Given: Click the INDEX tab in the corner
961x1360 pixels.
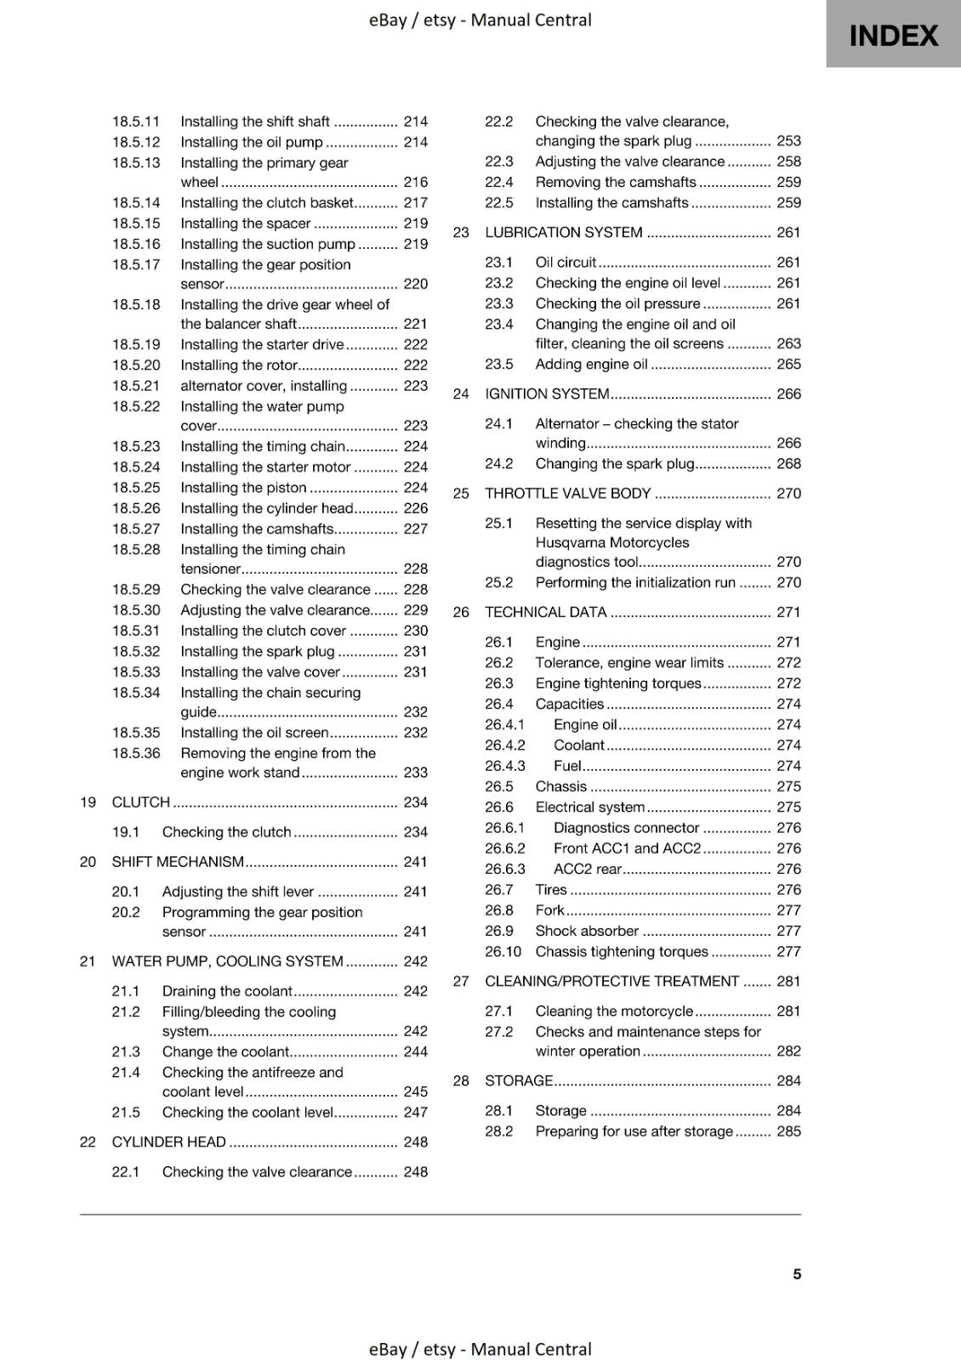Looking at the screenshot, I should pos(893,36).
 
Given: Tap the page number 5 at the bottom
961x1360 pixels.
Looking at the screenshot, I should pos(797,1273).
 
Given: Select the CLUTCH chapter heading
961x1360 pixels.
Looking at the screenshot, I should pos(141,802).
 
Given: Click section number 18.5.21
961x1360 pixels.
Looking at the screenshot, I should pos(136,386).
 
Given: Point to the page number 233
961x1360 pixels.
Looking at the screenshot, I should pos(415,773).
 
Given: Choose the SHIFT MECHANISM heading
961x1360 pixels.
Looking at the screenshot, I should pos(178,862).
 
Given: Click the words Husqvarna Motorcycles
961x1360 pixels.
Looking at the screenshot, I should pos(611,542).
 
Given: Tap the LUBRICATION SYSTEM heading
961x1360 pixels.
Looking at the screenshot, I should pos(563,233).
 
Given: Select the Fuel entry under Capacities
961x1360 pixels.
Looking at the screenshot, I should pos(567,766).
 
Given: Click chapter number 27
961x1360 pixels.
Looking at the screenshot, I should pos(461,982).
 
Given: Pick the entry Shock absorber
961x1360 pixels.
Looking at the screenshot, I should pos(586,931).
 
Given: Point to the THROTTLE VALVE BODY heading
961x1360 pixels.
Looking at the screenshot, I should pos(567,494).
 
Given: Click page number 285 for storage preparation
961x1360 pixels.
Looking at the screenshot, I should pos(788,1131).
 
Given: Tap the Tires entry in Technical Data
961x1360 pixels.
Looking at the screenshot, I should pos(550,890).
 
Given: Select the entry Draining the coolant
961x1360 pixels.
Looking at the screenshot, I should pos(227,991).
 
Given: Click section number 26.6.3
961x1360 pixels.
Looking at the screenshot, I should pos(505,869).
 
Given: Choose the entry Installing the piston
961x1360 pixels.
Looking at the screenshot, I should pos(243,488).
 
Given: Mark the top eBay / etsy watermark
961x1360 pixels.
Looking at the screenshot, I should pos(480,20).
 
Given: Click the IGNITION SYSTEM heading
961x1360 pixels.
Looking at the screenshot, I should pos(547,394).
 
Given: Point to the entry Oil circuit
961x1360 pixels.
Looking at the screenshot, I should pos(566,263).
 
